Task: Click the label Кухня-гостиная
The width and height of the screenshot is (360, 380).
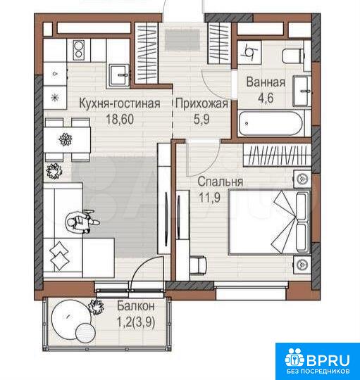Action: [x=120, y=103]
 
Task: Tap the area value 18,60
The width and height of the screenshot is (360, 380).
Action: [x=120, y=119]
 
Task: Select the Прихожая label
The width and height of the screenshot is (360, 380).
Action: [x=201, y=103]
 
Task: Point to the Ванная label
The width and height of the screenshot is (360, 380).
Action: [x=266, y=82]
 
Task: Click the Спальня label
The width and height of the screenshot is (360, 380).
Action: [x=221, y=182]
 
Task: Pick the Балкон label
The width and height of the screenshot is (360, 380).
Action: [x=136, y=306]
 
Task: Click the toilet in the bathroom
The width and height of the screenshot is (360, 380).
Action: [x=293, y=56]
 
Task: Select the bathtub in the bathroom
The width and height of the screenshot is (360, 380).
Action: [x=271, y=124]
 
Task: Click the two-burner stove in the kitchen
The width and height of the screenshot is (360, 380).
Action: [x=78, y=50]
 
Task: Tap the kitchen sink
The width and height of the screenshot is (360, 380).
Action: [x=118, y=75]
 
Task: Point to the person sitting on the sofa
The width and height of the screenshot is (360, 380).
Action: [x=82, y=222]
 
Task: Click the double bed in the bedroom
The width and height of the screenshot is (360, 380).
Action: [x=269, y=222]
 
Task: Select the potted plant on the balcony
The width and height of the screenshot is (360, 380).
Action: [x=96, y=307]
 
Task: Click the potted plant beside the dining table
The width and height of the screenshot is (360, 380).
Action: [x=54, y=171]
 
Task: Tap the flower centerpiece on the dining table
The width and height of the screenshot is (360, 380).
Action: [x=66, y=140]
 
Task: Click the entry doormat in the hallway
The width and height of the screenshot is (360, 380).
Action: [x=182, y=40]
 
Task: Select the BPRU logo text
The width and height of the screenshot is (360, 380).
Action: [x=328, y=360]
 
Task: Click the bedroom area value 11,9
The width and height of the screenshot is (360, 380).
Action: [x=210, y=197]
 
